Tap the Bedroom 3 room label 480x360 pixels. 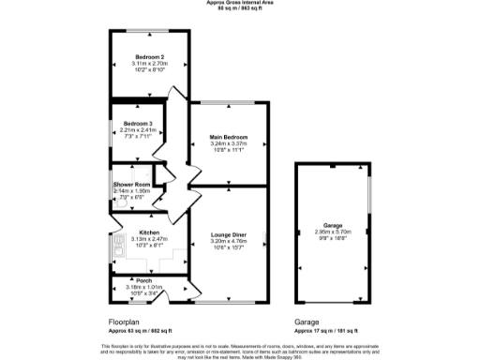click(x=138, y=124)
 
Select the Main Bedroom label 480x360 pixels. click(x=228, y=138)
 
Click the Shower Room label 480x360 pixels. click(x=131, y=185)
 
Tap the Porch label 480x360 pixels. click(x=144, y=280)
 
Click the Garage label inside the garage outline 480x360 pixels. click(x=333, y=226)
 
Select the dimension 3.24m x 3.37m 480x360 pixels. click(x=228, y=144)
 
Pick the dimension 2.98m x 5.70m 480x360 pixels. click(x=333, y=232)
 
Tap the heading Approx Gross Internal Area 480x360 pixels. click(x=240, y=3)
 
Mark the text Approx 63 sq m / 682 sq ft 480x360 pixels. click(x=138, y=330)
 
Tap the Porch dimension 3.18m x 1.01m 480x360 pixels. click(x=144, y=287)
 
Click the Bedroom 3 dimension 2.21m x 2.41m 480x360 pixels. click(x=138, y=129)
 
